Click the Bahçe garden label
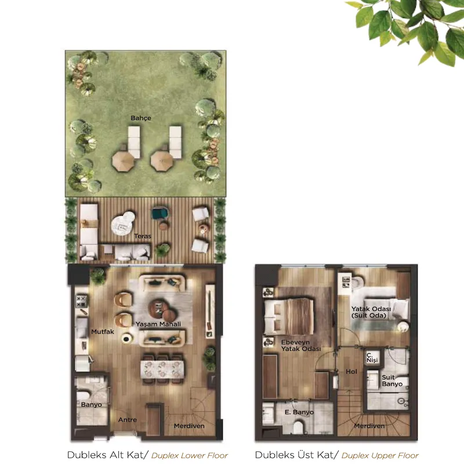[141, 118]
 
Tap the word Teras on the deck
[143, 236]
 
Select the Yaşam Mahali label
[158, 324]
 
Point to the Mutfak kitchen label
[103, 332]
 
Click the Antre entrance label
[128, 419]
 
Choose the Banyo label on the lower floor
[91, 404]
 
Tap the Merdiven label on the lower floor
[189, 426]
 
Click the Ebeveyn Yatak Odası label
[300, 345]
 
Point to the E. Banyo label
[299, 412]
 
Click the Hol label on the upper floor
[351, 372]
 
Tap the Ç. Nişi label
[372, 357]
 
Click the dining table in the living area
[162, 369]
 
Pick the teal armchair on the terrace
[160, 213]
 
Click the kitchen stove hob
[81, 301]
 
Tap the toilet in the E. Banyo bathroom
[299, 427]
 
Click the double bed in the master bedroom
[289, 317]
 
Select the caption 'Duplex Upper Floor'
[380, 455]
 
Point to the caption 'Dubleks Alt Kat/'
[108, 455]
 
